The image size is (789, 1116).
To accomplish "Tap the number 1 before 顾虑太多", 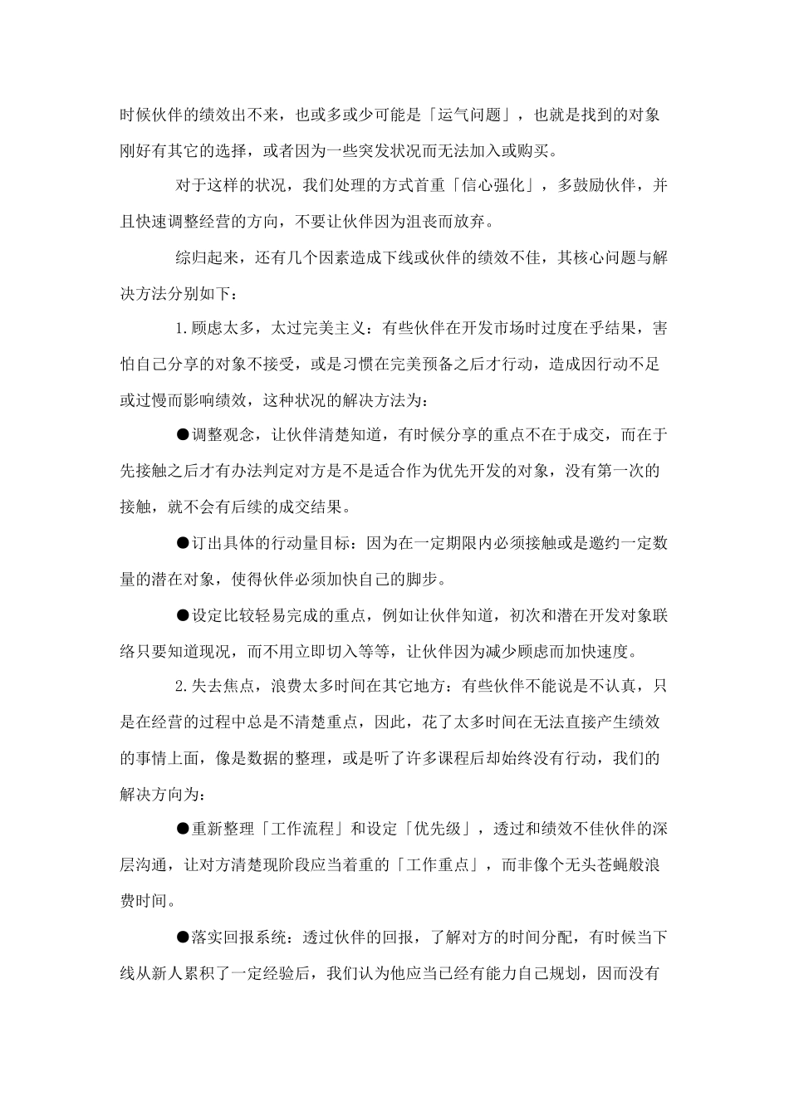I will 179,328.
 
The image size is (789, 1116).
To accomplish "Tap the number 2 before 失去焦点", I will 179,686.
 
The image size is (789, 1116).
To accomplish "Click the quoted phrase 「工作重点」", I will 438,864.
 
